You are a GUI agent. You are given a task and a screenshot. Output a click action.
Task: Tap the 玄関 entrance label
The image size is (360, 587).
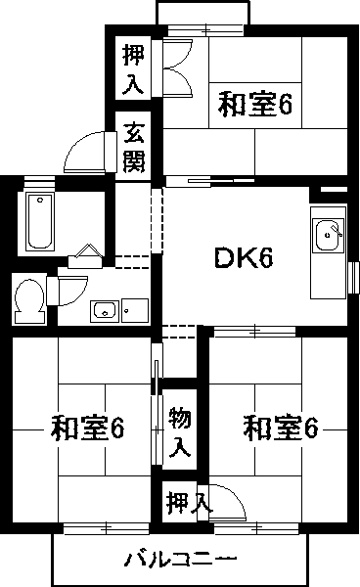click(134, 144)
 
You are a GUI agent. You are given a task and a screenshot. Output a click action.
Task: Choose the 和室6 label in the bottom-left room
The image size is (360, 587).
click(87, 428)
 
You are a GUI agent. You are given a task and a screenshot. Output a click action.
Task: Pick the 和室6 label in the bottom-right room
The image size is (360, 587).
click(282, 428)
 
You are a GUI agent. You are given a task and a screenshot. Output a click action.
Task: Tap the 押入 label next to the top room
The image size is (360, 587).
click(133, 68)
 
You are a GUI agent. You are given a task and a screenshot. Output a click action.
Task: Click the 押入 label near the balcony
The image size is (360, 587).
click(187, 503)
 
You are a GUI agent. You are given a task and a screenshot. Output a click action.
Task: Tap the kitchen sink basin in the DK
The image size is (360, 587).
click(326, 236)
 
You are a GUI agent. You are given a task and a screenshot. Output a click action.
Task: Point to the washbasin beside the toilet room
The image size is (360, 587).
click(105, 311)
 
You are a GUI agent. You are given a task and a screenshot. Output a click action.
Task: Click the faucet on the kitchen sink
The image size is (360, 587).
click(336, 231)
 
